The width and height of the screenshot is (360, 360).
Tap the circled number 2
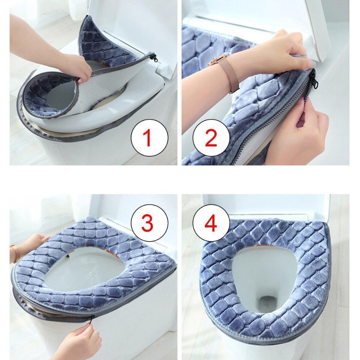[211, 138]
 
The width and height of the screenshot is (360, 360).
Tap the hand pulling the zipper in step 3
[81, 338]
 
